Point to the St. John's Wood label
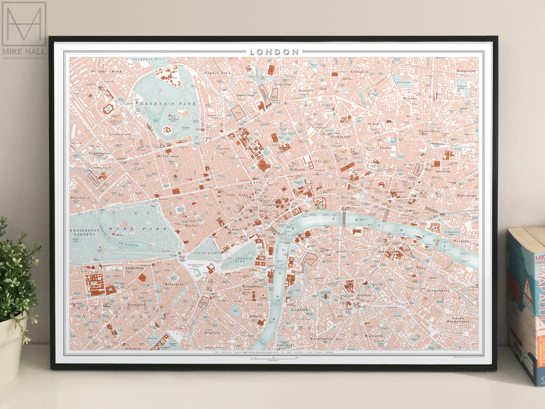106,71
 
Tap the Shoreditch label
429,131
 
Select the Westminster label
252,286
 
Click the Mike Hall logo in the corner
24,30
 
